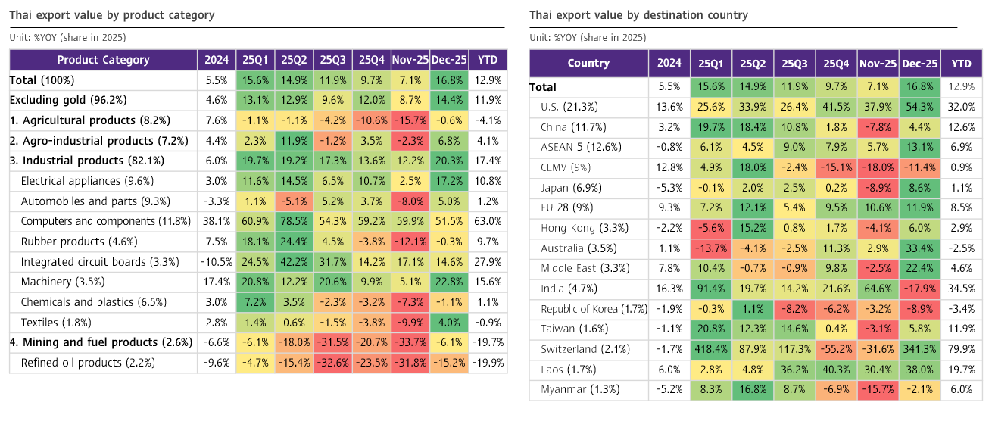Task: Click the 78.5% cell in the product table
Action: [x=294, y=221]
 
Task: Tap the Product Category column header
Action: [x=103, y=60]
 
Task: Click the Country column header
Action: [x=588, y=63]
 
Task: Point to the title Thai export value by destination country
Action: [x=638, y=15]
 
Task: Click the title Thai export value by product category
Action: [x=112, y=15]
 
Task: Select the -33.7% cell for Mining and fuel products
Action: [x=410, y=342]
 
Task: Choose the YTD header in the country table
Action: [x=961, y=63]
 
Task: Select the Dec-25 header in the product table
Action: [x=449, y=60]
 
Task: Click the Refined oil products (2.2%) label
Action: [x=88, y=363]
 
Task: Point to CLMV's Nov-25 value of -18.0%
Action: [x=878, y=167]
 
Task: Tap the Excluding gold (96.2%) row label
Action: [x=68, y=100]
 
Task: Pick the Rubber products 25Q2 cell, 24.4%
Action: [x=294, y=242]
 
